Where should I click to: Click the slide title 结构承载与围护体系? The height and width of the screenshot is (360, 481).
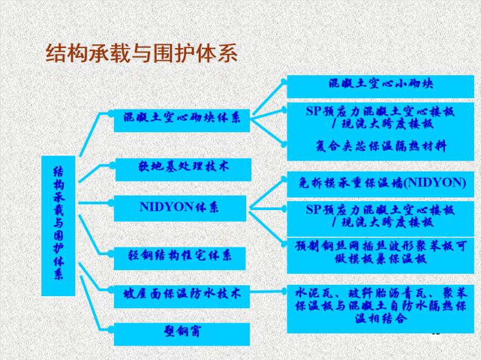[141, 53]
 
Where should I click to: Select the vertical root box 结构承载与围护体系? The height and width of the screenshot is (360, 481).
[58, 225]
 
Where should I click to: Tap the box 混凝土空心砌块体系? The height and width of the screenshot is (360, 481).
[182, 119]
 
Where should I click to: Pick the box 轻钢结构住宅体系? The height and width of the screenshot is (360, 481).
[180, 255]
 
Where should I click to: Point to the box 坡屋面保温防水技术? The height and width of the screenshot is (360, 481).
[182, 294]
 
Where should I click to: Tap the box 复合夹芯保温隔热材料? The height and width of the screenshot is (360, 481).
[380, 146]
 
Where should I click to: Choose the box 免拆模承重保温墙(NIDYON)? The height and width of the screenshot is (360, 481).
[380, 183]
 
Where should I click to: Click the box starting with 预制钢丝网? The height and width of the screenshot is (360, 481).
[380, 252]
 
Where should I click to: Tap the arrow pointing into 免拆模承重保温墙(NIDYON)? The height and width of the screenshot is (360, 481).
[269, 192]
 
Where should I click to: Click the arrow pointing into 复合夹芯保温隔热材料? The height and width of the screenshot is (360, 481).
[269, 132]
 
